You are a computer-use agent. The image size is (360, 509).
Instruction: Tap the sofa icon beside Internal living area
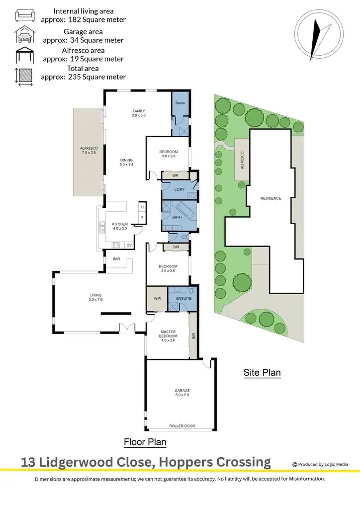24,15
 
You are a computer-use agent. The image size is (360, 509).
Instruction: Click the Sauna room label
180,103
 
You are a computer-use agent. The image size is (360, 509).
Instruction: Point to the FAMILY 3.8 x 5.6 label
138,113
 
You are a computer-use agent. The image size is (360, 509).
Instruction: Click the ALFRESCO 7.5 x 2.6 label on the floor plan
89,151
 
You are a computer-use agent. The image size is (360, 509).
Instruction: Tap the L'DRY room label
180,189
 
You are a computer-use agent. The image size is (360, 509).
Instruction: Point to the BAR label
116,259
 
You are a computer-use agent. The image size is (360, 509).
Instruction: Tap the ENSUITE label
182,299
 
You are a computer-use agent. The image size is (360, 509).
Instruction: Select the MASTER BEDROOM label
168,334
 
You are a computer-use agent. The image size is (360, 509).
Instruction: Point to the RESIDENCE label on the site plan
270,198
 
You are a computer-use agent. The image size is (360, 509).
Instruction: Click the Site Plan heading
262,372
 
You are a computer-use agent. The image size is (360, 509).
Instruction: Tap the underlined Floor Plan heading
145,442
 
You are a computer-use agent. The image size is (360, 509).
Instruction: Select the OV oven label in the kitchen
129,245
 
